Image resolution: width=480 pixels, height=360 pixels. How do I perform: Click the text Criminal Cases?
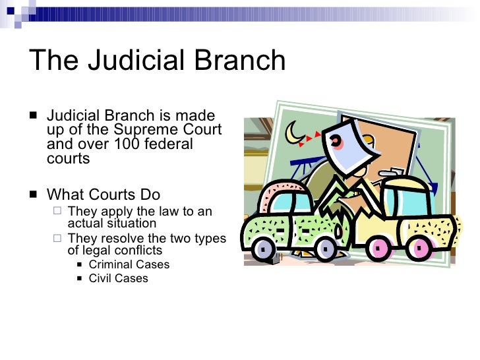point(129,264)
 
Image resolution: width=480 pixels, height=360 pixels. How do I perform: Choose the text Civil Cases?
point(118,278)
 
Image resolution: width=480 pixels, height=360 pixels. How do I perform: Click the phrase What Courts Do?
point(104,195)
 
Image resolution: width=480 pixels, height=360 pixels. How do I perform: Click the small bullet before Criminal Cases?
point(79,265)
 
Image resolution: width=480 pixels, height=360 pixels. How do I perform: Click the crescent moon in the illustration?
point(293,133)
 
